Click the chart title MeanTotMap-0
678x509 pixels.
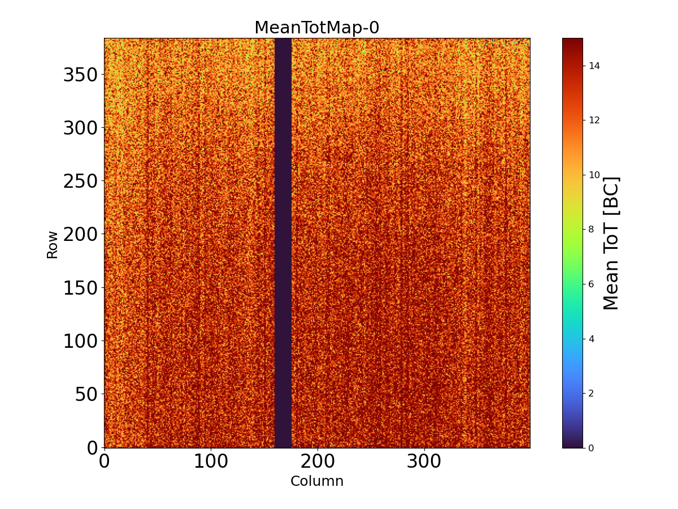point(316,28)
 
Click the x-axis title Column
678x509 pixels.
point(316,481)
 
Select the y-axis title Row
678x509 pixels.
point(52,244)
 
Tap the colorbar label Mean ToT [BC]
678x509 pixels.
point(611,243)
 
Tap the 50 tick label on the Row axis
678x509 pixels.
point(86,394)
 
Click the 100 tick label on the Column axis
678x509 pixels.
point(211,461)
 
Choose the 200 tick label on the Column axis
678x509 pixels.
point(318,461)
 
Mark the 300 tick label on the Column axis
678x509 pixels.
point(424,461)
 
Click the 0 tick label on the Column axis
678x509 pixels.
point(104,461)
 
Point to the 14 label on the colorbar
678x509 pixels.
point(594,66)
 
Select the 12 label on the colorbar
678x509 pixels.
point(594,120)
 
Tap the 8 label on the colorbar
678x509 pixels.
point(591,229)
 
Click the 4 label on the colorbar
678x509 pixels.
point(591,338)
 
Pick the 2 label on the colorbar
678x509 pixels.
point(591,393)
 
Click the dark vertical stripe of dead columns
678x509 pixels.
point(282,243)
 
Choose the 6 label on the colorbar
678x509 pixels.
point(591,284)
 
